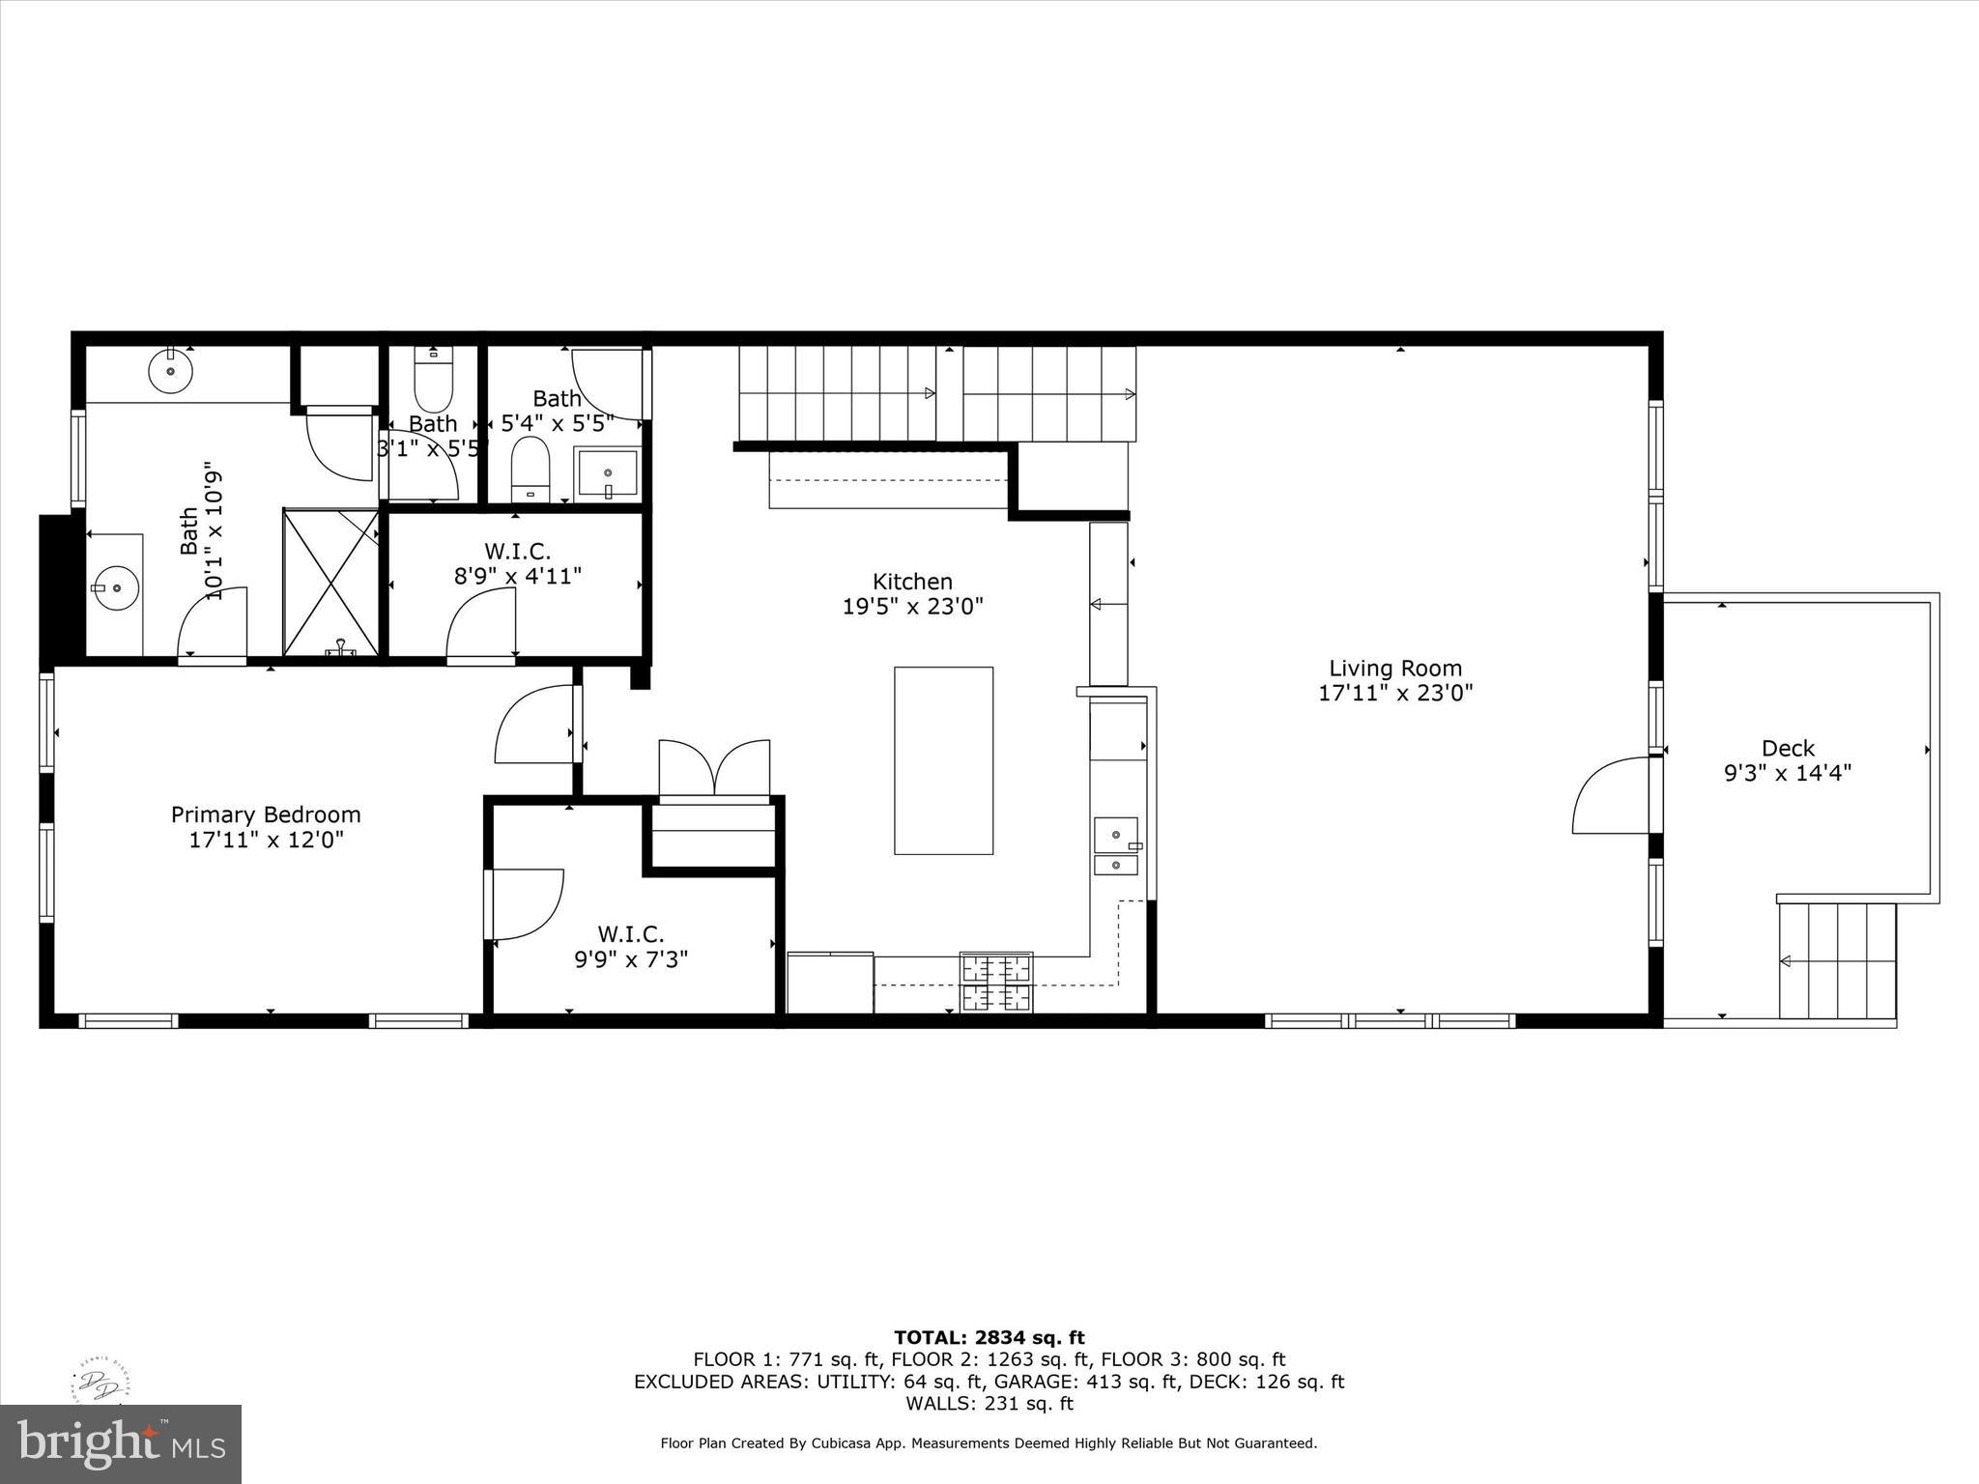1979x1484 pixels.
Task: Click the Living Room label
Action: tap(1394, 668)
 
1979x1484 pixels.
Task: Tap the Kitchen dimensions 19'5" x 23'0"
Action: tap(912, 607)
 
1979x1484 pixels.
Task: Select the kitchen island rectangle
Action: tap(943, 760)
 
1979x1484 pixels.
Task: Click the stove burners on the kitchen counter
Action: tap(995, 982)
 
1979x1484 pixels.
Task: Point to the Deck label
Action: tap(1788, 748)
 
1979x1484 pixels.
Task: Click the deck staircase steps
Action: tap(1837, 960)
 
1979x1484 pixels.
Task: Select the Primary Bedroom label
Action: tap(266, 814)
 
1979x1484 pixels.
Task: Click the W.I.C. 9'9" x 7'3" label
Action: tap(631, 947)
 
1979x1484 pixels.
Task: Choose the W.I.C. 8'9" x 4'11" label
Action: tap(517, 563)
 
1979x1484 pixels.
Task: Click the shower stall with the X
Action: tap(331, 583)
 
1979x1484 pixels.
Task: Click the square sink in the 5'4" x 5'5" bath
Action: tap(607, 473)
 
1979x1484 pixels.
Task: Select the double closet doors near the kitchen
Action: tap(714, 768)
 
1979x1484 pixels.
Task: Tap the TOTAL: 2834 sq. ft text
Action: tap(989, 1337)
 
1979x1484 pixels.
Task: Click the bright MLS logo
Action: tap(121, 1443)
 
